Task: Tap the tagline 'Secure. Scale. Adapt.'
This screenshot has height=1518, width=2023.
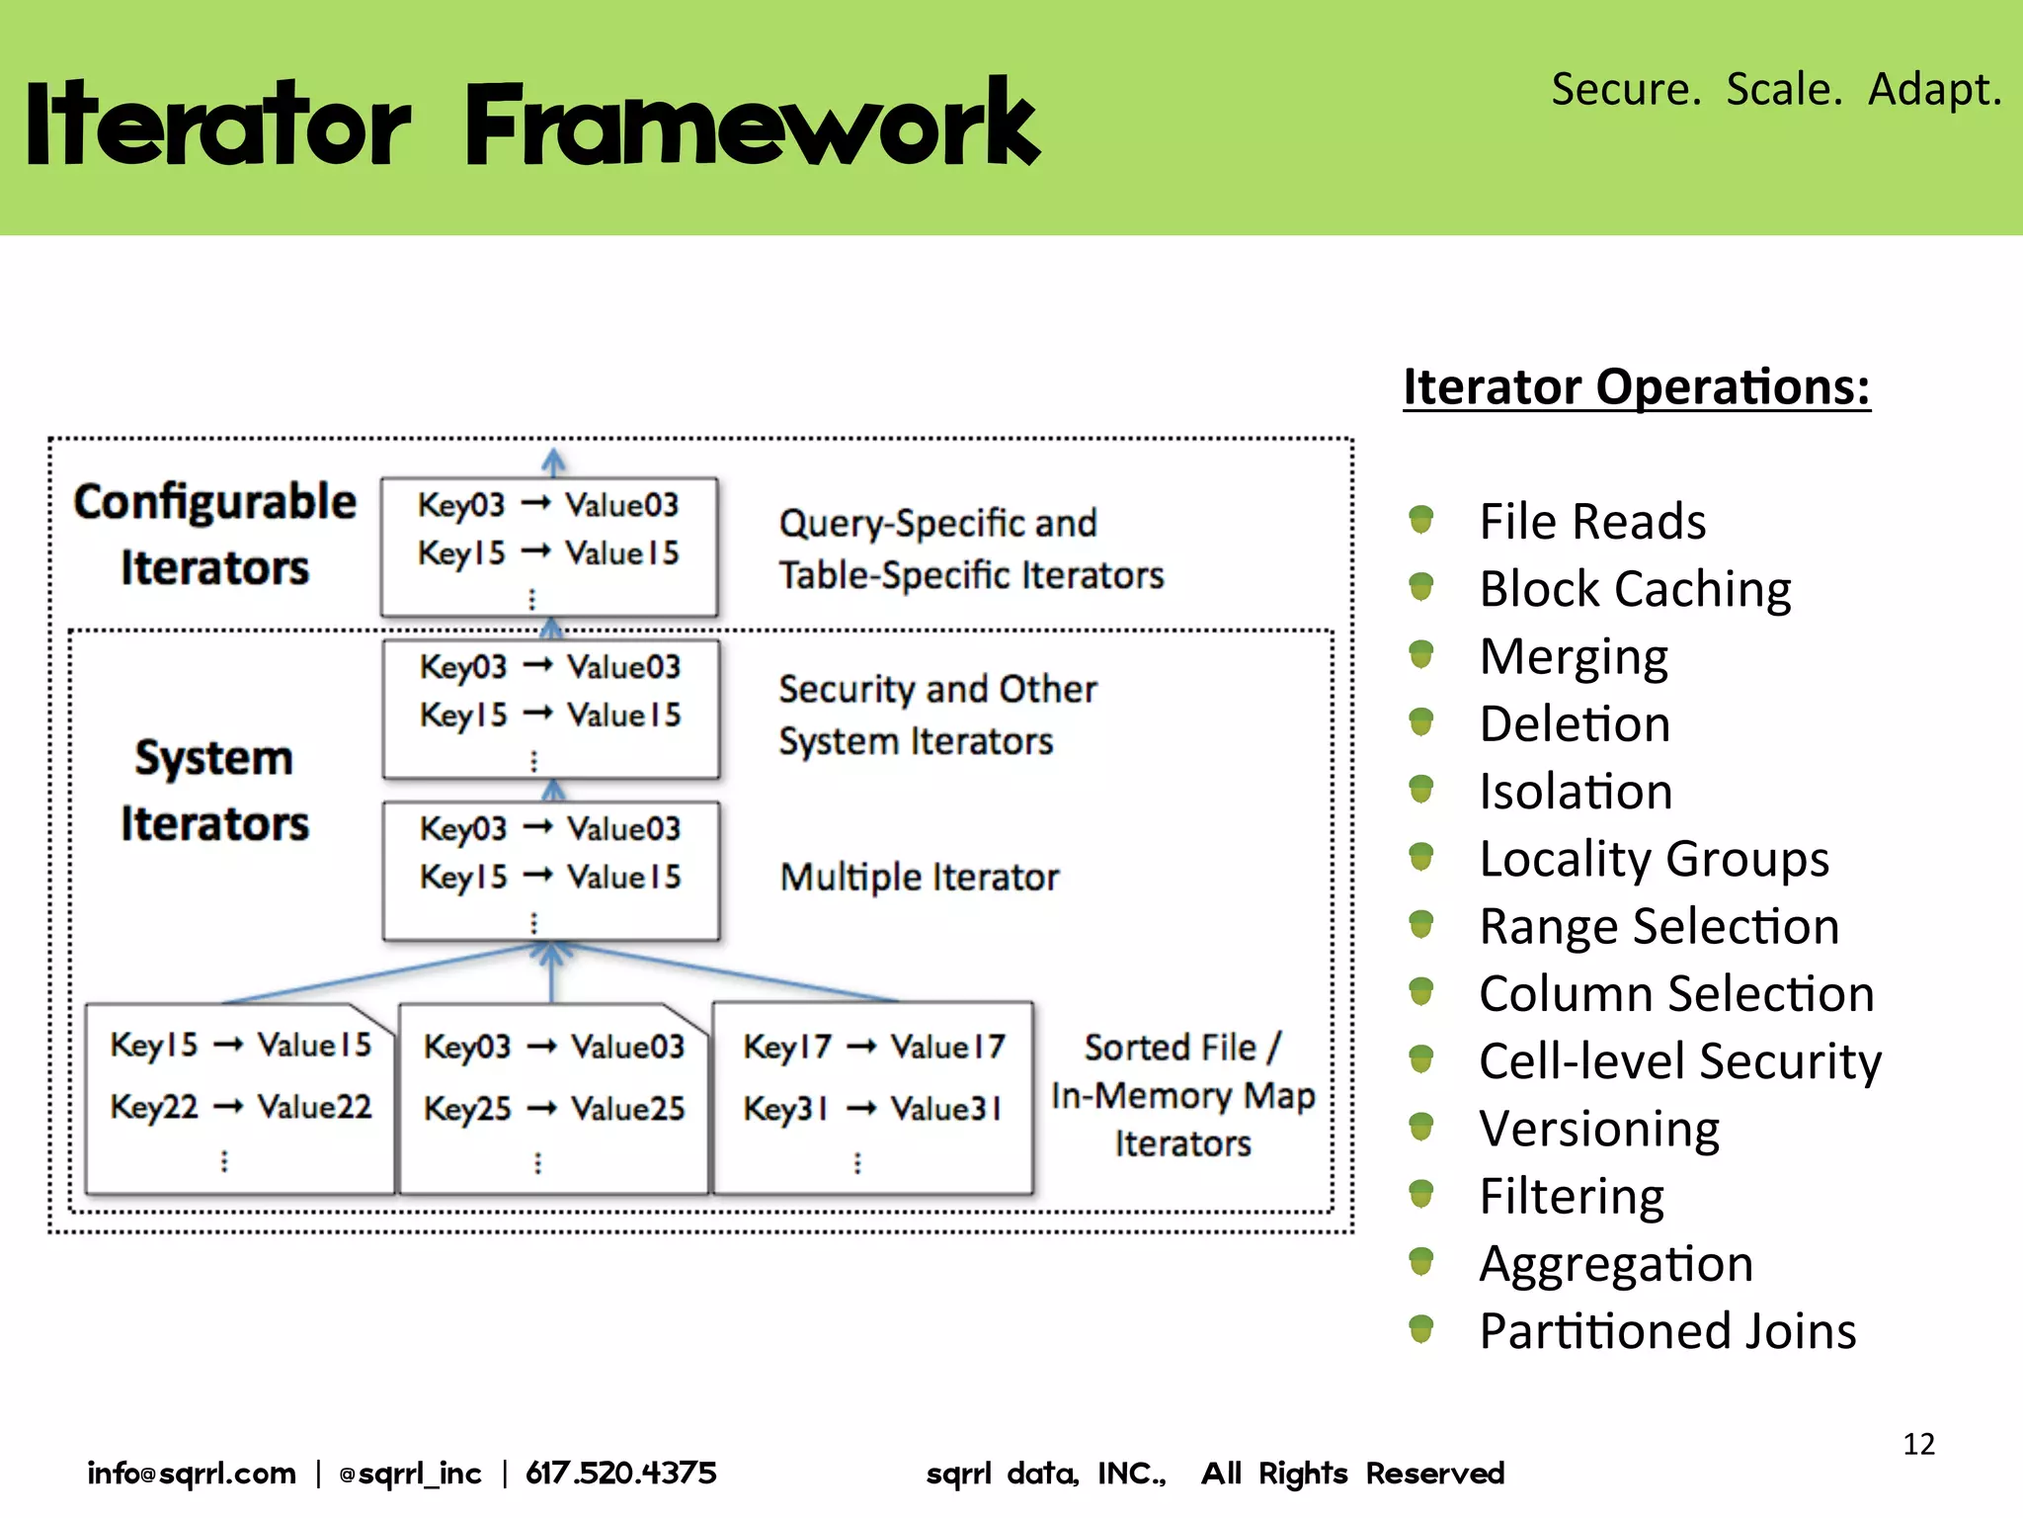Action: pos(1775,89)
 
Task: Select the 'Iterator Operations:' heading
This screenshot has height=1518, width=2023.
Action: pos(1636,386)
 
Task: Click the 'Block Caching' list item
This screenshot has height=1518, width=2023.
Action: pos(1635,589)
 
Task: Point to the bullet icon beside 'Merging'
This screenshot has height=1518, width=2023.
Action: pos(1420,654)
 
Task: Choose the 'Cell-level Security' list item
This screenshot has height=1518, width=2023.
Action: pos(1679,1061)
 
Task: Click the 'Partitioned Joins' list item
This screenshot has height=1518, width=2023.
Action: pos(1667,1331)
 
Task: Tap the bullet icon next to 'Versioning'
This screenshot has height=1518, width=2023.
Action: pos(1420,1127)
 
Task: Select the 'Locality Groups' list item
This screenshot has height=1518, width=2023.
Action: pos(1654,859)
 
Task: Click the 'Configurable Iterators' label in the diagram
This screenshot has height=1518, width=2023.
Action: pos(214,535)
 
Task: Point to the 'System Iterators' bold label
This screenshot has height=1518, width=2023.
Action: pos(214,791)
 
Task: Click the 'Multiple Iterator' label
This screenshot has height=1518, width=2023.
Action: pos(919,878)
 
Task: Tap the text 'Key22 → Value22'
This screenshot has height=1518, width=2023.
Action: pos(240,1107)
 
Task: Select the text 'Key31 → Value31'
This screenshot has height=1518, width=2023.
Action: pos(872,1109)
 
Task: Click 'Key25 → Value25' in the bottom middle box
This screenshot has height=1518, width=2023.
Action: pos(553,1109)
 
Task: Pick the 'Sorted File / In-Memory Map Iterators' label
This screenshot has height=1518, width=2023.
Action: pos(1182,1095)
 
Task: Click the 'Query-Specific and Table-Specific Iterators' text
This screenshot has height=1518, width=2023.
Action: pos(970,549)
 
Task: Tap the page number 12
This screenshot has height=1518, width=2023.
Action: pos(1918,1444)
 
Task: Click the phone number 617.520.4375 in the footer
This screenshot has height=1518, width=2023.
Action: pos(620,1474)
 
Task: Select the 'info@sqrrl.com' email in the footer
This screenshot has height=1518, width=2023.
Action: pos(192,1474)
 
